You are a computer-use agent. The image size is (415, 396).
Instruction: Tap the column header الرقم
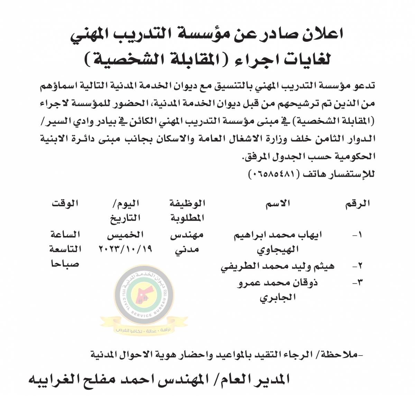pyautogui.click(x=358, y=204)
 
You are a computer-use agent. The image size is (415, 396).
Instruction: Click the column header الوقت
pyautogui.click(x=65, y=203)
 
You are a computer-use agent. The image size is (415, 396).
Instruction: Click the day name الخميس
pyautogui.click(x=125, y=235)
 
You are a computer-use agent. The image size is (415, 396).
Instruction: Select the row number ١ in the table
pyautogui.click(x=357, y=235)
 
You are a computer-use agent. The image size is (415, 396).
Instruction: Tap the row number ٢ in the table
pyautogui.click(x=357, y=266)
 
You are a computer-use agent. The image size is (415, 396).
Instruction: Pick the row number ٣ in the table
pyautogui.click(x=357, y=282)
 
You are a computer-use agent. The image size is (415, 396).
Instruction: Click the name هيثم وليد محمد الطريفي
pyautogui.click(x=278, y=266)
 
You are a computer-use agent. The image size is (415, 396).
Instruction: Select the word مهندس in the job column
pyautogui.click(x=187, y=235)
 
